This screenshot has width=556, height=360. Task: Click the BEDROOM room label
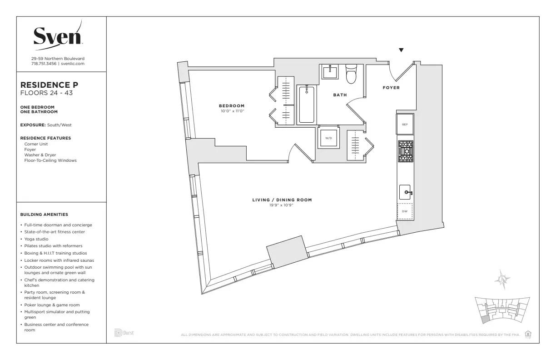click(232, 106)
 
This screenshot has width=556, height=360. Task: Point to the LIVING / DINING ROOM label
click(282, 200)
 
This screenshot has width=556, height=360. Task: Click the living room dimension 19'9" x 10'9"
click(282, 205)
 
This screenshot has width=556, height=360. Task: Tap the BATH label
click(340, 95)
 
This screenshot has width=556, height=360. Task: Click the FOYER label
click(391, 88)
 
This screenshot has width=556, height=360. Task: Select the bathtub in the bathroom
click(307, 105)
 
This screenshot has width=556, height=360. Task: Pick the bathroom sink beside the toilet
click(329, 72)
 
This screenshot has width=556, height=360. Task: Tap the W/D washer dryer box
click(328, 138)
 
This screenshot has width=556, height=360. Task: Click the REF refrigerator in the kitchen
click(405, 124)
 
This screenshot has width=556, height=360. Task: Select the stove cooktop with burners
click(406, 151)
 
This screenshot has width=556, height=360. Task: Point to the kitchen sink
click(406, 193)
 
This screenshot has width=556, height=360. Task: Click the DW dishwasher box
click(405, 211)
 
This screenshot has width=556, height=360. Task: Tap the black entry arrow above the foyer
click(401, 50)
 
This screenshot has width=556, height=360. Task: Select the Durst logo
click(124, 333)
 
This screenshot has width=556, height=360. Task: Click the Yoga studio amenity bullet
click(36, 239)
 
